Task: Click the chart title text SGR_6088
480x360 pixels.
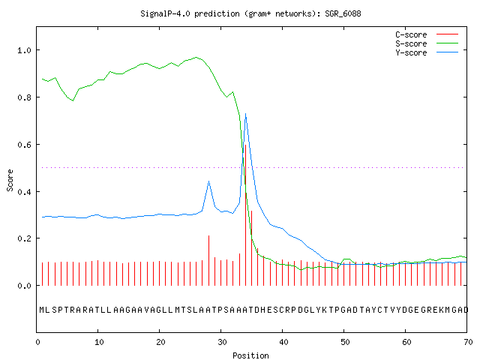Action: click(x=343, y=13)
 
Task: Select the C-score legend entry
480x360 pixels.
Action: click(x=427, y=34)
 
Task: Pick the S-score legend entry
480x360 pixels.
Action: click(x=427, y=43)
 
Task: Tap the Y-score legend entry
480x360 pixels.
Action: click(x=427, y=52)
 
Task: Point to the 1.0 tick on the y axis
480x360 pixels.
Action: click(x=24, y=50)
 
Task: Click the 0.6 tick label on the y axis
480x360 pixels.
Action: click(x=24, y=145)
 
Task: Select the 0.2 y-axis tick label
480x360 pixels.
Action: click(x=24, y=238)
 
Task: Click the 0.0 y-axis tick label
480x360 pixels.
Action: click(x=24, y=286)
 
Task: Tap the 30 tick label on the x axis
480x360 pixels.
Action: click(x=222, y=342)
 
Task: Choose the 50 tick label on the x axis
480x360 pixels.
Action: click(x=345, y=342)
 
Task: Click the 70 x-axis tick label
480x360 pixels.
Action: click(x=468, y=342)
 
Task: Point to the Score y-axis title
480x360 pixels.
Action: click(x=10, y=181)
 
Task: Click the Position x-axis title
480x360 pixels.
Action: click(x=250, y=355)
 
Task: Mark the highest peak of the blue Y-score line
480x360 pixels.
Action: click(x=245, y=113)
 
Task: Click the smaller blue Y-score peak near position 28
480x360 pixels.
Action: click(x=208, y=181)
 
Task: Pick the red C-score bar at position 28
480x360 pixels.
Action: click(x=208, y=260)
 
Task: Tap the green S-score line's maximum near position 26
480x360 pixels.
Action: click(x=196, y=57)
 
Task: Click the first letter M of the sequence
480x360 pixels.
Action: click(x=42, y=310)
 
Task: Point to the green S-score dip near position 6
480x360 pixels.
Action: click(x=73, y=100)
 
